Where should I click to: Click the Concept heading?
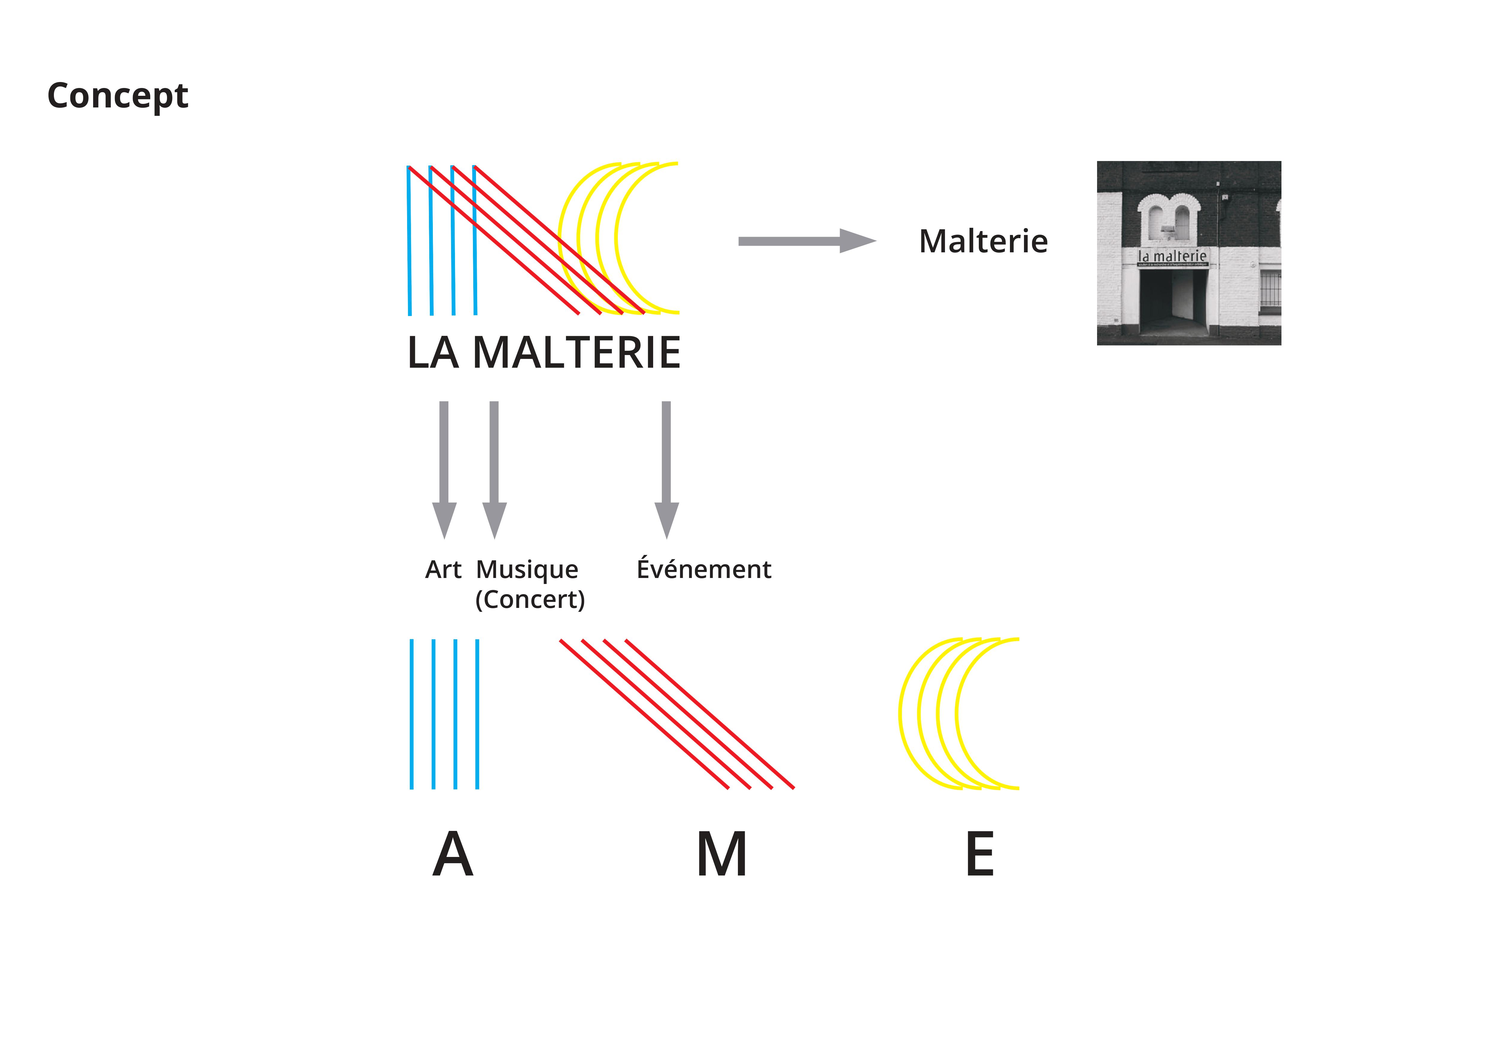tap(118, 96)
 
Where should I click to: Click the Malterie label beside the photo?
tap(983, 242)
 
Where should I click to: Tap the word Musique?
tap(527, 570)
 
